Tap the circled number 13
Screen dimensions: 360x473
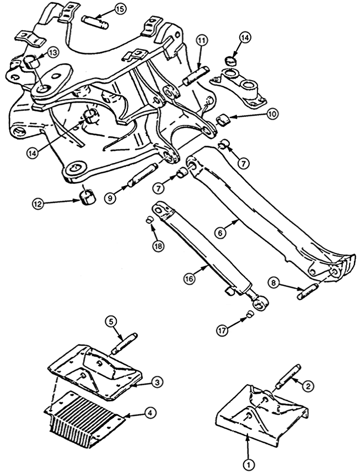point(53,53)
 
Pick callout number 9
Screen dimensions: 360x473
point(110,198)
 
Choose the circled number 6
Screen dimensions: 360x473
point(220,233)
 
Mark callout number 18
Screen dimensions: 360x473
point(158,246)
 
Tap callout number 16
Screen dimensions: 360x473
point(189,279)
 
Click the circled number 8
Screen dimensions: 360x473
point(274,283)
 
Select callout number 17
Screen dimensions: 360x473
point(222,330)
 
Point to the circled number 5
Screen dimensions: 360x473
point(111,322)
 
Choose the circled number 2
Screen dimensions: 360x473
point(307,386)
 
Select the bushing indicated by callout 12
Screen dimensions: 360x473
point(88,196)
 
